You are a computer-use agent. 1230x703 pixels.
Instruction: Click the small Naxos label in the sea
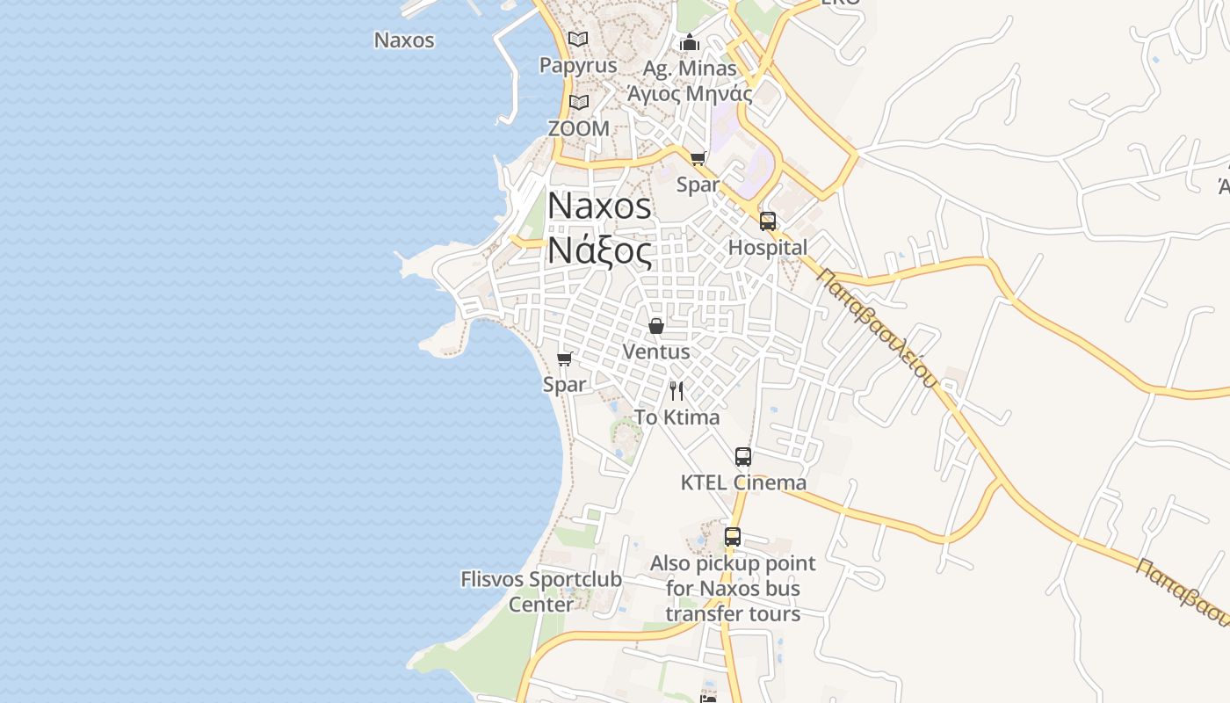404,40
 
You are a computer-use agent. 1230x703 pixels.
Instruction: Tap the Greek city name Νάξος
599,251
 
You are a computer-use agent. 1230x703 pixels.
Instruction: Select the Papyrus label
578,66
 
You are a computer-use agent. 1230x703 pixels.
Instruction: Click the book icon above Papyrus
578,40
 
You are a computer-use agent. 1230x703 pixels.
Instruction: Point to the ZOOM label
578,128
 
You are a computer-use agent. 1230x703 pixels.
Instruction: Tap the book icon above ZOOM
578,103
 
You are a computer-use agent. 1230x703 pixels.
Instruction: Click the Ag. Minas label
690,68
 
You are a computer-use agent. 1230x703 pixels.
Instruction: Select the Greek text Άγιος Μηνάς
690,93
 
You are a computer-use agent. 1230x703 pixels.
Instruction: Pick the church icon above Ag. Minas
690,42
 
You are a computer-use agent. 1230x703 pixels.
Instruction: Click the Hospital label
767,248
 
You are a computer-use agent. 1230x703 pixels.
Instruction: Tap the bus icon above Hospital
768,221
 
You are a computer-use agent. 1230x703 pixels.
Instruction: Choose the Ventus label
656,351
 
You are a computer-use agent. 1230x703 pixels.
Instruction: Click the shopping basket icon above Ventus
656,326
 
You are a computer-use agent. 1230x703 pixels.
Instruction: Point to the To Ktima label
676,417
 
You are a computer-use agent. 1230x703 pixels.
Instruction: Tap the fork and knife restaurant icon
676,391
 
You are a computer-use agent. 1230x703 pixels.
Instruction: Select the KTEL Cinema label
743,482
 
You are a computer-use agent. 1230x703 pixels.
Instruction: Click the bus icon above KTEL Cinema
743,457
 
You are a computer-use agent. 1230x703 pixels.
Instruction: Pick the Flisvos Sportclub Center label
541,591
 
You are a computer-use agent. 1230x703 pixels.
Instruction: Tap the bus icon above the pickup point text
733,537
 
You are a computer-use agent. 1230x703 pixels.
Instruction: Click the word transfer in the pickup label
698,613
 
